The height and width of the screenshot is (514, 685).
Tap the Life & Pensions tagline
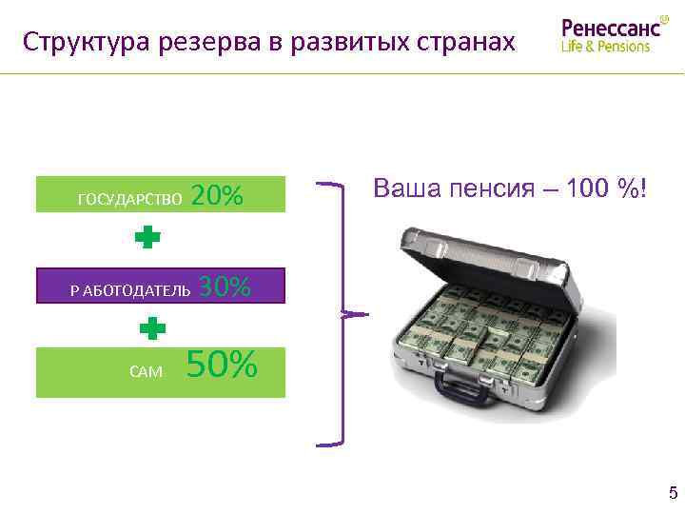tap(606, 47)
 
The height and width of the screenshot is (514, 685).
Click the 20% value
tap(217, 195)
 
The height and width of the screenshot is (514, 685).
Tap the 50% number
tap(222, 365)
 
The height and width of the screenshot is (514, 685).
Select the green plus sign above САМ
tap(152, 329)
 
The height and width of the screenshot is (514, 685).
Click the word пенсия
tap(484, 188)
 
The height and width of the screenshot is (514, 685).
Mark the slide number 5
tap(674, 493)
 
